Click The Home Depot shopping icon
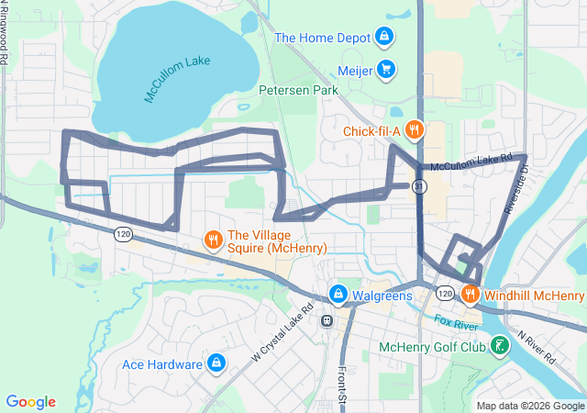click(x=385, y=38)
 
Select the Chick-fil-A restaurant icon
click(x=415, y=130)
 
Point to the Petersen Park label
click(x=298, y=90)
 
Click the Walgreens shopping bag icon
click(x=338, y=294)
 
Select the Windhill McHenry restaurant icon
click(x=470, y=295)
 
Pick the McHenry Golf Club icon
click(x=500, y=347)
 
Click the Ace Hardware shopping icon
click(x=216, y=363)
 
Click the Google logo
click(x=31, y=402)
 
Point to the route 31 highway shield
click(x=418, y=185)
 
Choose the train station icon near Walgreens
click(x=326, y=320)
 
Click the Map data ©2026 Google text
click(x=529, y=405)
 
